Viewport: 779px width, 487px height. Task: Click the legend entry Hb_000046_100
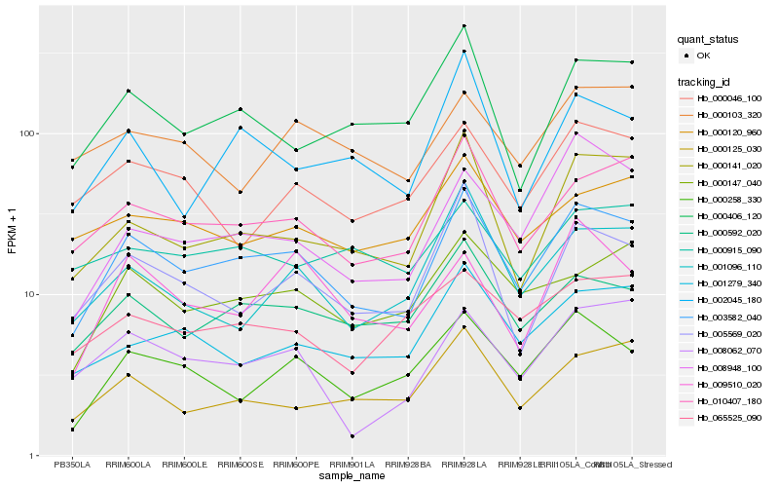[729, 98]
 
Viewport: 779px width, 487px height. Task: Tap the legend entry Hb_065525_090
[729, 418]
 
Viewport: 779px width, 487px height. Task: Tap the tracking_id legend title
[705, 81]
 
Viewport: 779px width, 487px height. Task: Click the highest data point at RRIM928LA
[464, 25]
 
